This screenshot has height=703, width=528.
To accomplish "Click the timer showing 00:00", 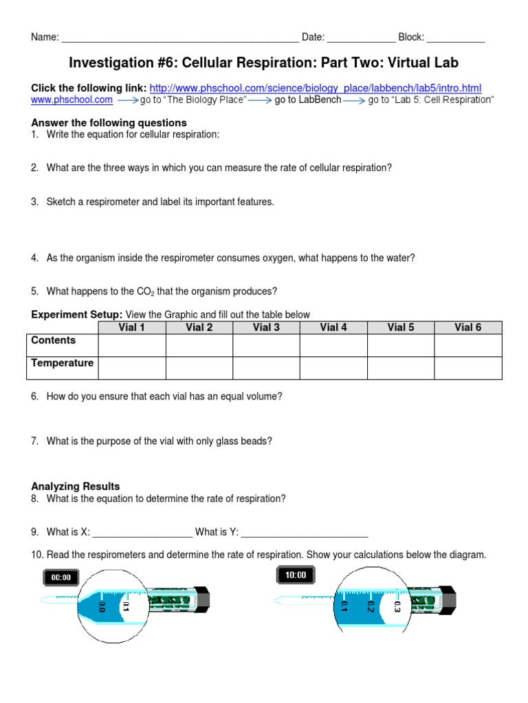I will pos(60,577).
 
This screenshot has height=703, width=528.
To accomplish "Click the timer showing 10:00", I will pos(296,575).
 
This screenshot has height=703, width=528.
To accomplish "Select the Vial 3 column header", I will pos(266,327).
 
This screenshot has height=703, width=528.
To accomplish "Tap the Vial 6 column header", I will pos(467,327).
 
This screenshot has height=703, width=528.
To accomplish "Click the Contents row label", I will pos(54,341).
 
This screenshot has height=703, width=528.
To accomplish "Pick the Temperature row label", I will pos(63,363).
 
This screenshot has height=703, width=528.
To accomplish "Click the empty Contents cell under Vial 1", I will pos(131,345).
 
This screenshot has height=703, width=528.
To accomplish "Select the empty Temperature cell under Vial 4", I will pos(333,368).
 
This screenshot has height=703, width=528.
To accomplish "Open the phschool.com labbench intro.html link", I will pos(315,88).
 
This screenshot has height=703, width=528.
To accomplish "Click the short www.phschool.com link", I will pos(72,100).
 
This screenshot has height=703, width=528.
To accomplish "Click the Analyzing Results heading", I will pos(76,486).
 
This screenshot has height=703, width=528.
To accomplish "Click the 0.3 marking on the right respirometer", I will pos(397,606).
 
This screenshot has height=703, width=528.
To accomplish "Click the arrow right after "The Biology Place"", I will pos(259,100).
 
